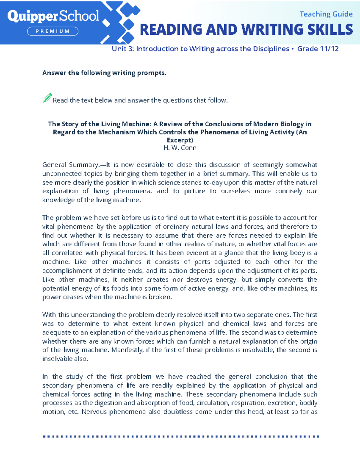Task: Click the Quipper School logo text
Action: [53, 16]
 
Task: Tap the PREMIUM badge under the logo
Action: [53, 31]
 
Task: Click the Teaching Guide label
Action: [326, 14]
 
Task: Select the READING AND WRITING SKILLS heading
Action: [246, 30]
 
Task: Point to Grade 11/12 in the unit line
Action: [318, 49]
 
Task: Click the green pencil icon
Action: [47, 98]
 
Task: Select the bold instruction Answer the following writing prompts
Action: [104, 73]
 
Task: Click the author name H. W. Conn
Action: [180, 148]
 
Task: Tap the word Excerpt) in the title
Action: [180, 140]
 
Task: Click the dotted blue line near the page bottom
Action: [181, 436]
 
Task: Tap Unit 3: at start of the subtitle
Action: [123, 49]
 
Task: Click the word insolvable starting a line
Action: [64, 359]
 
